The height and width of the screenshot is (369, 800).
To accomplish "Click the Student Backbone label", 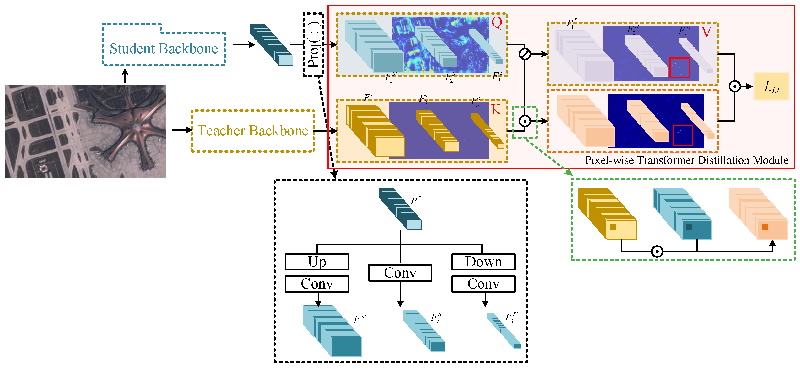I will point(164,48).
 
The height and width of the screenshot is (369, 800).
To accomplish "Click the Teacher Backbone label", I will point(253,131).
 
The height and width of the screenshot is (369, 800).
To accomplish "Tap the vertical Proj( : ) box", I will point(314,45).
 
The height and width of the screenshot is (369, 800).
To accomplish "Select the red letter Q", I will point(497,23).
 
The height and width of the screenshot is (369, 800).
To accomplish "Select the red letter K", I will point(496,110).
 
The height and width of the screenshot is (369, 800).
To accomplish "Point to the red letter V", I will point(706,32).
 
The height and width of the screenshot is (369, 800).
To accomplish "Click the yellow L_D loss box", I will point(771,86).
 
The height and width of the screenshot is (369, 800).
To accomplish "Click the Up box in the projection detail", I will point(317,262).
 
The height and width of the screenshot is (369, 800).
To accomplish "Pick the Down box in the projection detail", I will point(483,262).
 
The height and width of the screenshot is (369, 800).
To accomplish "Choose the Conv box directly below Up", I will point(317,284).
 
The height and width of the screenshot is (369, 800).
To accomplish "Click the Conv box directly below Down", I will point(483,284).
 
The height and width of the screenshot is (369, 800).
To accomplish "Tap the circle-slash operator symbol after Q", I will point(525,54).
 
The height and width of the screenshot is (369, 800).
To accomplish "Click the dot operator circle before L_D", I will point(735,86).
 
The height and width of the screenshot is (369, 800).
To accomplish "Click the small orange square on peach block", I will point(765,227).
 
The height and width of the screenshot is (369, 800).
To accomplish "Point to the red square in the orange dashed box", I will point(683,135).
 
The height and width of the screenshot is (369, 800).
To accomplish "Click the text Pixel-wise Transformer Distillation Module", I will point(686,160).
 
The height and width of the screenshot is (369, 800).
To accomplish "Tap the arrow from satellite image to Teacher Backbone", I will point(182,130).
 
